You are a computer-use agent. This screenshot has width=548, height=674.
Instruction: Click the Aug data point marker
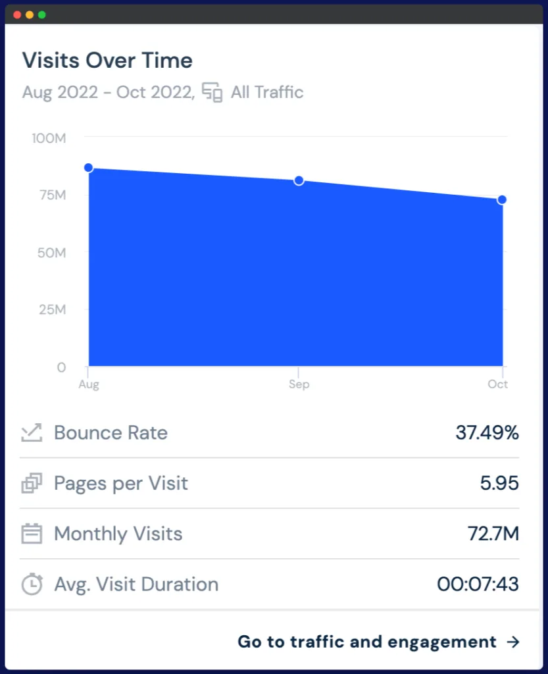(x=88, y=168)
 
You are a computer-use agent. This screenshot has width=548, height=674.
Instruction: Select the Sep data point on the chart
(x=299, y=180)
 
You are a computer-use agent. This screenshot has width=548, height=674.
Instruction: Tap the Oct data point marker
(x=502, y=199)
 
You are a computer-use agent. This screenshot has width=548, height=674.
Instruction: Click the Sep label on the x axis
(x=299, y=384)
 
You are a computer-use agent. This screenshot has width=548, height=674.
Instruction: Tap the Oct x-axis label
(x=498, y=384)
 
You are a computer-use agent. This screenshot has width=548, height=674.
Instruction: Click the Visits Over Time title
(x=107, y=61)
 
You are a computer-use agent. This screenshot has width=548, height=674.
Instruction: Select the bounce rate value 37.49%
(x=487, y=432)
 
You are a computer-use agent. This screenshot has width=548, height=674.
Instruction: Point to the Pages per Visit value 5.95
(x=499, y=483)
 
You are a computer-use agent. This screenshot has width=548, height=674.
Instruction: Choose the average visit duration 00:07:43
(x=478, y=584)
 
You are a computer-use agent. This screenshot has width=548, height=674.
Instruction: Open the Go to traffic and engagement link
(x=378, y=642)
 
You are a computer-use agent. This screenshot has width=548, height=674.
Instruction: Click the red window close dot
(x=17, y=14)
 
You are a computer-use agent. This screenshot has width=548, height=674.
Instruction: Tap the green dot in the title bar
(x=42, y=14)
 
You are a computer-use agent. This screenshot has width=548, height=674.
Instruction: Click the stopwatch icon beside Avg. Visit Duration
(x=32, y=584)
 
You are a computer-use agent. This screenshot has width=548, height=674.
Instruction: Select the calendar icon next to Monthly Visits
(x=32, y=534)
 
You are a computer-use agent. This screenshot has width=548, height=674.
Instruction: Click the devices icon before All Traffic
(x=212, y=92)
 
